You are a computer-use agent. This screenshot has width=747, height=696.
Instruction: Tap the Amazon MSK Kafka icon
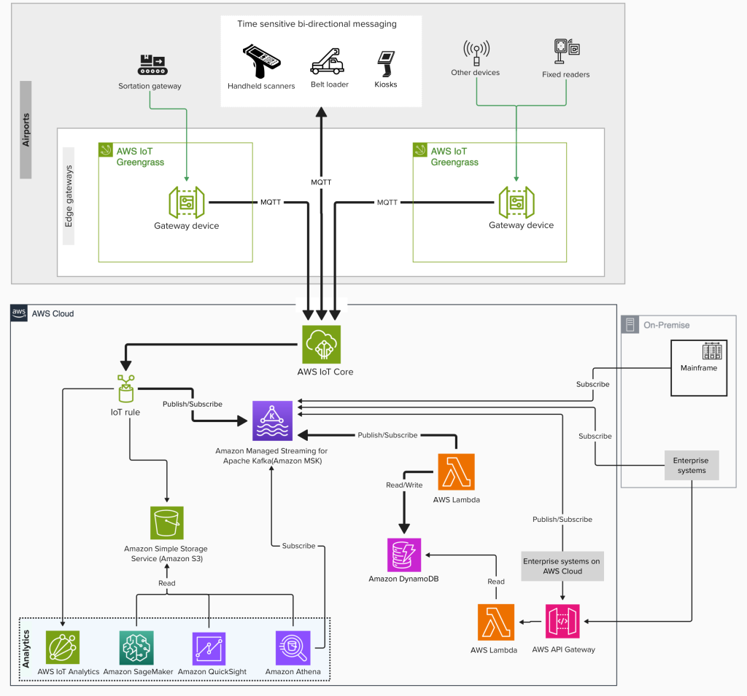click(272, 421)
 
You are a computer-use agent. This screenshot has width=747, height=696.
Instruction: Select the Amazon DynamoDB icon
click(404, 555)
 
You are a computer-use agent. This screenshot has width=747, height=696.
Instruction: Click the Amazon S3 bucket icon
click(167, 523)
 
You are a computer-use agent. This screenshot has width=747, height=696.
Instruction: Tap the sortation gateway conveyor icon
click(150, 64)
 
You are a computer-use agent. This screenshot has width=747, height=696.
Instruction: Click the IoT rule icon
click(125, 389)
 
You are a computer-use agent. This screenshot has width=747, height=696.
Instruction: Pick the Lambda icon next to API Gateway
click(496, 622)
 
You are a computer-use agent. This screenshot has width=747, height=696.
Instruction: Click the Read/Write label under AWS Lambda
click(403, 484)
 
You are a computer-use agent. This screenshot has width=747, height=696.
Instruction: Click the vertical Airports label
click(26, 130)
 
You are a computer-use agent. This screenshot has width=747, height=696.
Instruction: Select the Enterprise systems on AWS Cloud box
click(562, 566)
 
